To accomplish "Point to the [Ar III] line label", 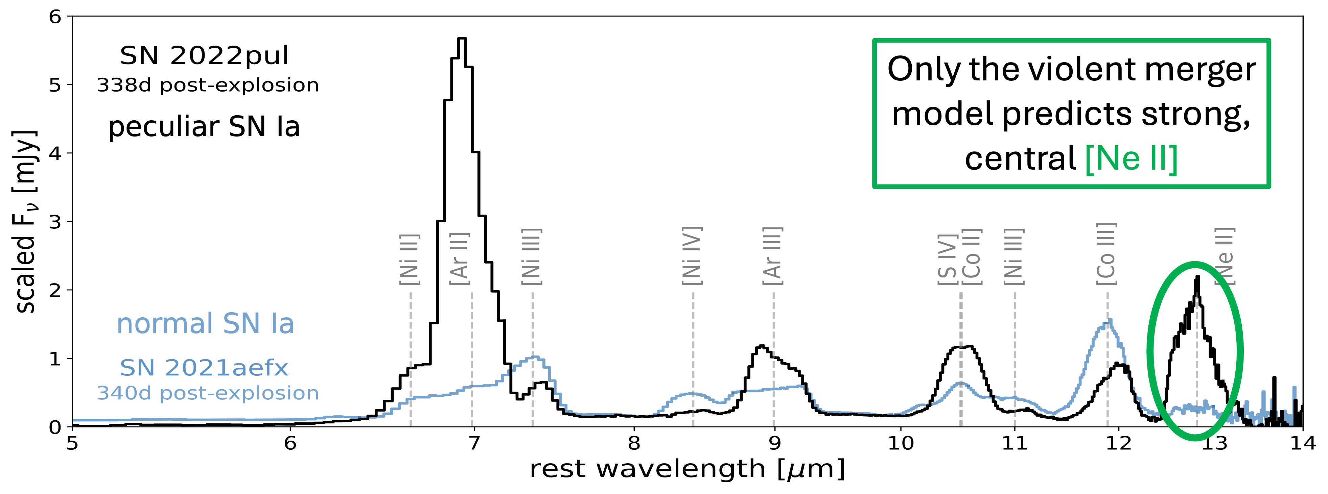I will tap(773, 256).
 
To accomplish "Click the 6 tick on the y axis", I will tap(55, 17).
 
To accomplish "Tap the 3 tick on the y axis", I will tap(55, 222).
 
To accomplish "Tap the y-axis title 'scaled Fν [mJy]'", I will tap(25, 222).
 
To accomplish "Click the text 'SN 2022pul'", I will tap(204, 56).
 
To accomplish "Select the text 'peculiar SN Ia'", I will tap(204, 127).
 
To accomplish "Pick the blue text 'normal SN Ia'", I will tap(205, 323).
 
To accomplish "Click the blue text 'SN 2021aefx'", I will tap(204, 368).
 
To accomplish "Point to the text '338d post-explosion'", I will tap(208, 85).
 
